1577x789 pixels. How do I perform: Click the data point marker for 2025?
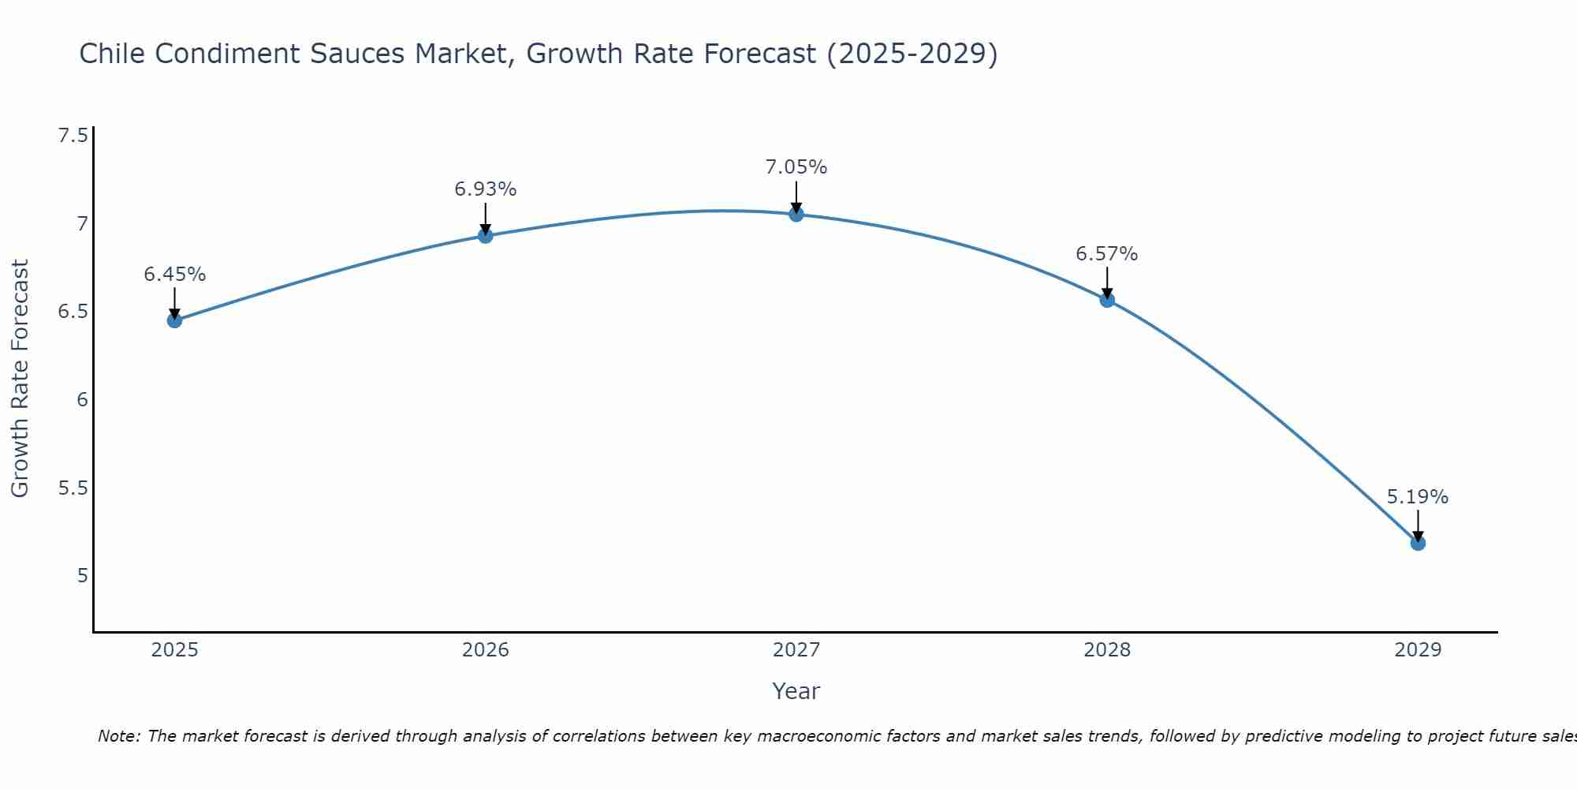tap(174, 320)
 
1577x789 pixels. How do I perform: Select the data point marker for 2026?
tap(485, 236)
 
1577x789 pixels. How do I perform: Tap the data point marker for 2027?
tap(796, 214)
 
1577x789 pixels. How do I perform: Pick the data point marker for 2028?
tap(1106, 300)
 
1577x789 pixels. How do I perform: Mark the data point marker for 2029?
tap(1417, 543)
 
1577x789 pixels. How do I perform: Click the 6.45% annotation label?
tap(174, 275)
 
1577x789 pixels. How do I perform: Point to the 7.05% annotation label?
tap(796, 167)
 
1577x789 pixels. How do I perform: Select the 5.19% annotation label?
tap(1417, 497)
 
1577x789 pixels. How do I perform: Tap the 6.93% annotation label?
tap(485, 189)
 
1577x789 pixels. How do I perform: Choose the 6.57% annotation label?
tap(1106, 254)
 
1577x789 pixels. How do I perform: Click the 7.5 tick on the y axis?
tap(73, 136)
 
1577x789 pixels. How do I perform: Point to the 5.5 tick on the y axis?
tap(73, 488)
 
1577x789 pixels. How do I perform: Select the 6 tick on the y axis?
tap(82, 399)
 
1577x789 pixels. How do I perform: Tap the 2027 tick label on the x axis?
tap(796, 650)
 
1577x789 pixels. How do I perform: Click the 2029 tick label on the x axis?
tap(1417, 650)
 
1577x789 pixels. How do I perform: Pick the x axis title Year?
tap(796, 691)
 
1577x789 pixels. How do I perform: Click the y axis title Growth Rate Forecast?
tap(20, 379)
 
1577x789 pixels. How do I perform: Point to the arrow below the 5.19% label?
tap(1417, 525)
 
